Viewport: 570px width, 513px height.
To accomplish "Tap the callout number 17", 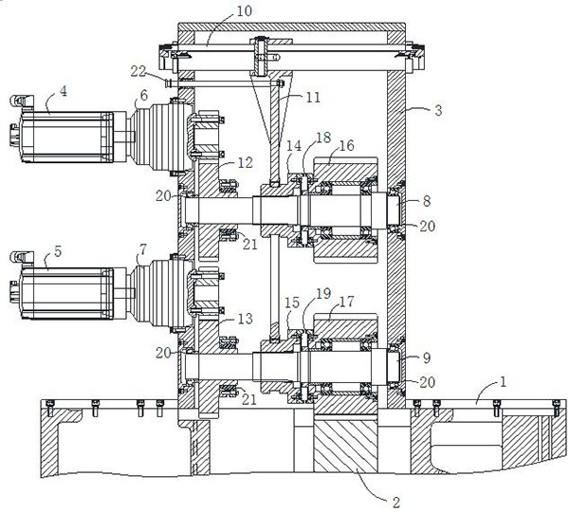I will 346,303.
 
